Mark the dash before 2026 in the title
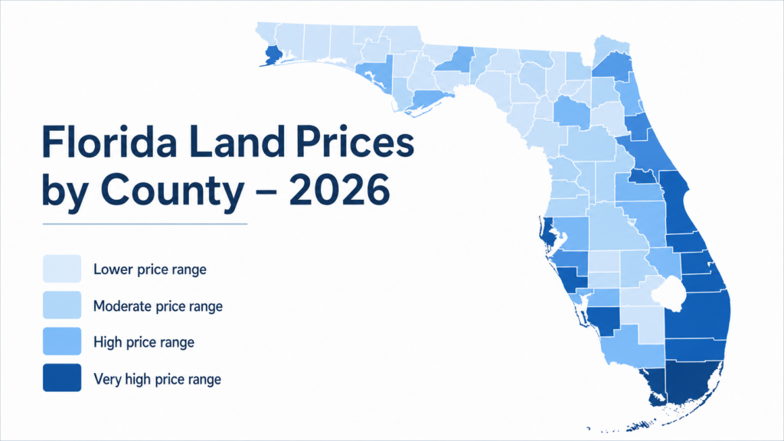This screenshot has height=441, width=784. (x=266, y=192)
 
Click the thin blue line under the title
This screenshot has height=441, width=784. (x=145, y=224)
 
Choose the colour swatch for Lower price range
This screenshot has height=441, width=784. (x=62, y=269)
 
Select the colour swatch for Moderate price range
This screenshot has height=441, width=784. (x=62, y=306)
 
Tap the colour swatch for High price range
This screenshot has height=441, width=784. (x=62, y=342)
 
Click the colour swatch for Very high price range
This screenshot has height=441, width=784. (x=62, y=378)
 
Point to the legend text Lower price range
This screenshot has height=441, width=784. (x=149, y=269)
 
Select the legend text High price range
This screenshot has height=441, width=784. (x=143, y=342)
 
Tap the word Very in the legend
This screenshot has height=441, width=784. (x=105, y=378)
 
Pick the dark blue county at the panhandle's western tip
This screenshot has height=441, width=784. (x=273, y=55)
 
